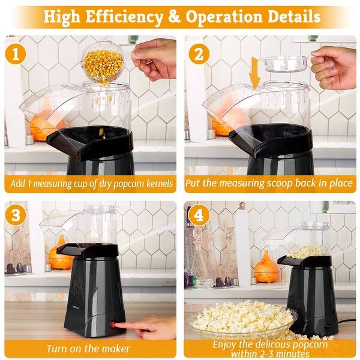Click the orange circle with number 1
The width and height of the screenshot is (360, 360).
[x=16, y=54]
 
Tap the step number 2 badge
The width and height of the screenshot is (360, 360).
[x=199, y=54]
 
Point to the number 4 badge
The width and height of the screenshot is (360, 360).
[x=199, y=215]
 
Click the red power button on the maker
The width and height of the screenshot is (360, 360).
[x=113, y=325]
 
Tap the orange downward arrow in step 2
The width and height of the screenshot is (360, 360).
[x=255, y=73]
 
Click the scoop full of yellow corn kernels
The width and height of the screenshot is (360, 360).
[x=103, y=63]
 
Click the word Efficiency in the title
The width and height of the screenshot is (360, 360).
[x=124, y=17]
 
